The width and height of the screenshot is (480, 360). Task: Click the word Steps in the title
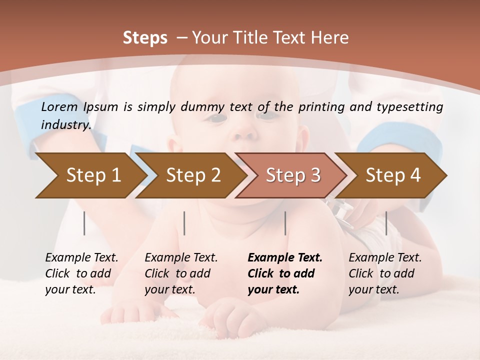[x=145, y=38]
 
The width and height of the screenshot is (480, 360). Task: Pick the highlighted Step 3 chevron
[x=293, y=175]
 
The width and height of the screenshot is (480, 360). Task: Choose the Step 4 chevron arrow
[x=393, y=175]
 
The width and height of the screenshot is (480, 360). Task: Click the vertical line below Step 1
[x=84, y=223]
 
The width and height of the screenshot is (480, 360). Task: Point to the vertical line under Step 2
[x=184, y=223]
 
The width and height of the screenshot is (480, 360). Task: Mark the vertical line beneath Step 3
[x=285, y=223]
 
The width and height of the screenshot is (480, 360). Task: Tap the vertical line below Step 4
[x=386, y=223]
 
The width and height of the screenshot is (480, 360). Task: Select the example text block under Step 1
[x=81, y=273]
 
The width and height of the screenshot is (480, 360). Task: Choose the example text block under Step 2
[x=181, y=273]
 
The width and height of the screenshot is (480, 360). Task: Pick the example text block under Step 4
[x=385, y=273]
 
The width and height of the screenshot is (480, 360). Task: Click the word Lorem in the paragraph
[x=59, y=106]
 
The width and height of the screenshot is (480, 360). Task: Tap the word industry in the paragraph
[x=65, y=125]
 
